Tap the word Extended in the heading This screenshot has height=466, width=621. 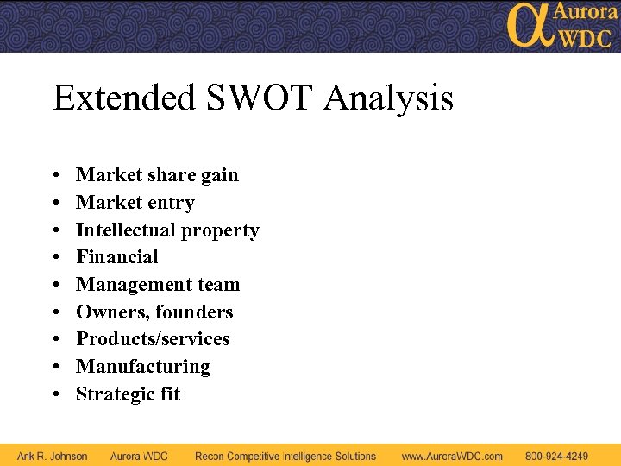tap(124, 98)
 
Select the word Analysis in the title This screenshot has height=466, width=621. tap(388, 98)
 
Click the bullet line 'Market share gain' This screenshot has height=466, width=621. tap(157, 175)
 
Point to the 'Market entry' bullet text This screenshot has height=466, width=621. tap(135, 203)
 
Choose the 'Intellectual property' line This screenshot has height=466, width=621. tap(167, 230)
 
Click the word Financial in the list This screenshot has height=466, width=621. tap(117, 257)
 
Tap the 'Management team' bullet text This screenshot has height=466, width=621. tap(158, 285)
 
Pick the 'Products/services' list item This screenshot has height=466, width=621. tap(153, 339)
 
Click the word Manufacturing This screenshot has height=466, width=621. tap(143, 367)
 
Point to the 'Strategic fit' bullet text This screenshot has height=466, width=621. tap(129, 394)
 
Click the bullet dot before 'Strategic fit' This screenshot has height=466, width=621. tap(55, 395)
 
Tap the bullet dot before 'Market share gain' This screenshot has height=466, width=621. tap(55, 176)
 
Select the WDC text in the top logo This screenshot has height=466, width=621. tap(586, 37)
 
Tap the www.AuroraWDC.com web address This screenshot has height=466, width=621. tap(452, 456)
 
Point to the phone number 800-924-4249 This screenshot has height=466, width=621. tap(557, 456)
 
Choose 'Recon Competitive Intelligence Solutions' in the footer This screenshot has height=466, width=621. tap(285, 456)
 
